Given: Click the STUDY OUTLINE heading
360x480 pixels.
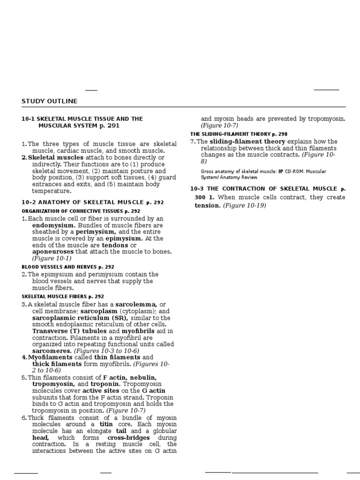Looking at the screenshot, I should pyautogui.click(x=50, y=101).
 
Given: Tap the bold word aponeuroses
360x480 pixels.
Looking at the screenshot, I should pyautogui.click(x=53, y=252).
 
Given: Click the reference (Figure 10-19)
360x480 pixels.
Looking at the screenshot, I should pyautogui.click(x=245, y=205).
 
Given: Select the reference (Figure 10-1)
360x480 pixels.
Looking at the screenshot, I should pyautogui.click(x=52, y=258).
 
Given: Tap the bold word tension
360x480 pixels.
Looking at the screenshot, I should pyautogui.click(x=208, y=205).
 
